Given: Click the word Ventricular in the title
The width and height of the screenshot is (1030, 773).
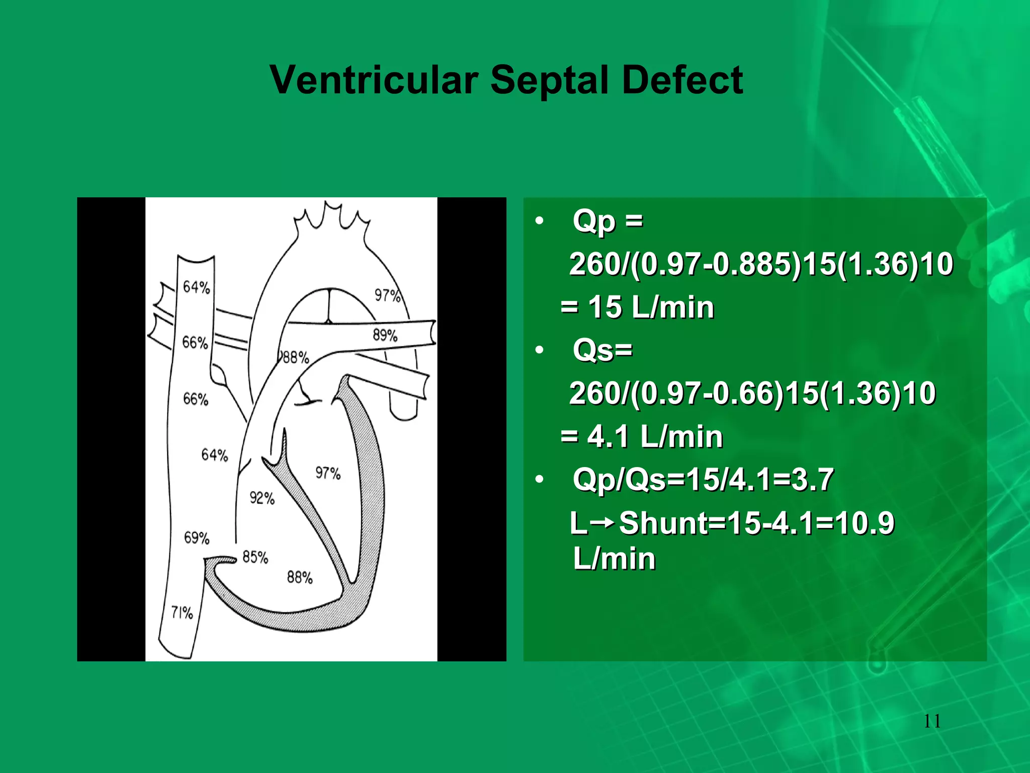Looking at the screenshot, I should (374, 81).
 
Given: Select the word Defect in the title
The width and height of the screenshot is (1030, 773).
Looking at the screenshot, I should (682, 81).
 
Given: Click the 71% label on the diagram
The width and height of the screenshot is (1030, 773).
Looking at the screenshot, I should (182, 612).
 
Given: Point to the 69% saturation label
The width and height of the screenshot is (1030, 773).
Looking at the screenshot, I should (197, 538).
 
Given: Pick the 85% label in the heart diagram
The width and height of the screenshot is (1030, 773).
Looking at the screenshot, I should (255, 557).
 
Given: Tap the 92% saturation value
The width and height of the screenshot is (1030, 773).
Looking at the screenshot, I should (262, 498).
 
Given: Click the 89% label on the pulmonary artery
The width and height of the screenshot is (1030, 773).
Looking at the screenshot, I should (385, 335).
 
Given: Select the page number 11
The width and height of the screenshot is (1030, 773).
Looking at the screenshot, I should (932, 721).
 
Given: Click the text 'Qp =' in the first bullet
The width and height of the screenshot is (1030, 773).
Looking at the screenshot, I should (608, 221).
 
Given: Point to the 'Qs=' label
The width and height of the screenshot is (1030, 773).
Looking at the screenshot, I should (603, 350).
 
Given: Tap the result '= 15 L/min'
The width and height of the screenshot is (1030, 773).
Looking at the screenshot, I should (637, 307).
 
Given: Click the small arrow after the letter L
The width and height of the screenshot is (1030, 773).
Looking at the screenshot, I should (603, 523).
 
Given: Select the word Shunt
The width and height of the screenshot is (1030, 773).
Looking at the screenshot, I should (663, 523).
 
